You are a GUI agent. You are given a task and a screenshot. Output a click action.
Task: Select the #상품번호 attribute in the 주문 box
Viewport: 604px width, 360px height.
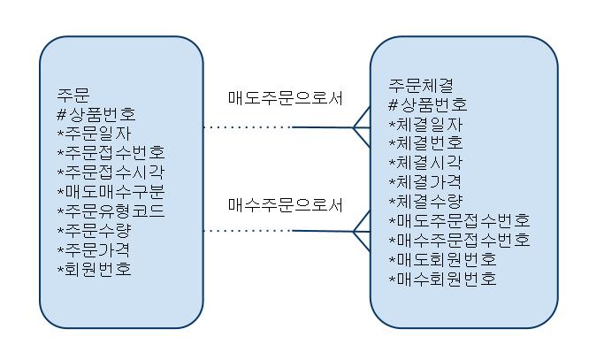click(x=96, y=113)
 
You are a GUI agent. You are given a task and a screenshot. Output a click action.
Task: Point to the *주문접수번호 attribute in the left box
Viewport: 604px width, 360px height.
click(x=111, y=152)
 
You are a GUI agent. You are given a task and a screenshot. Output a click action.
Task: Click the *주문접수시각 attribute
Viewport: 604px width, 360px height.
click(x=111, y=172)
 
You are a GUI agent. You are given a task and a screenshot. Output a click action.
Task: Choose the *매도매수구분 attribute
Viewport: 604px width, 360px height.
click(x=111, y=191)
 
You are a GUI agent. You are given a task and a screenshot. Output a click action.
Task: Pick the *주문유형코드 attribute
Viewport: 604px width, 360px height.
click(x=111, y=211)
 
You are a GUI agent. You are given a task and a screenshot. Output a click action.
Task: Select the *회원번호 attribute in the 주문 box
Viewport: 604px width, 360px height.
click(x=94, y=269)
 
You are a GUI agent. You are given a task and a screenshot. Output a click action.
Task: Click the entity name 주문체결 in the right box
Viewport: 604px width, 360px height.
click(x=421, y=85)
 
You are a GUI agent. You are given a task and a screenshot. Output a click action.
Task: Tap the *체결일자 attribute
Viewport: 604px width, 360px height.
click(x=425, y=124)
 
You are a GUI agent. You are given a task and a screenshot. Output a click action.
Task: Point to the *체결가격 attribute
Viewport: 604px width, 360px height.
click(x=425, y=182)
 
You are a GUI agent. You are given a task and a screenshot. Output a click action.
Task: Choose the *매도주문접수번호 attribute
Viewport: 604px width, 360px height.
click(x=459, y=221)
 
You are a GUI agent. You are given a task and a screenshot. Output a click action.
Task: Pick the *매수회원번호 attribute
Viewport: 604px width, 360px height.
click(x=442, y=280)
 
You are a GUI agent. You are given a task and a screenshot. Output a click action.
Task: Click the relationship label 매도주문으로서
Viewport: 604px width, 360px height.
click(x=285, y=98)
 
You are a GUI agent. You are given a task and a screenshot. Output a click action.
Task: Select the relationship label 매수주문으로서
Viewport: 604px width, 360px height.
click(x=285, y=205)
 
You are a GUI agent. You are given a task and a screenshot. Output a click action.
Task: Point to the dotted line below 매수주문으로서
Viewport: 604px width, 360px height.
click(x=248, y=231)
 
